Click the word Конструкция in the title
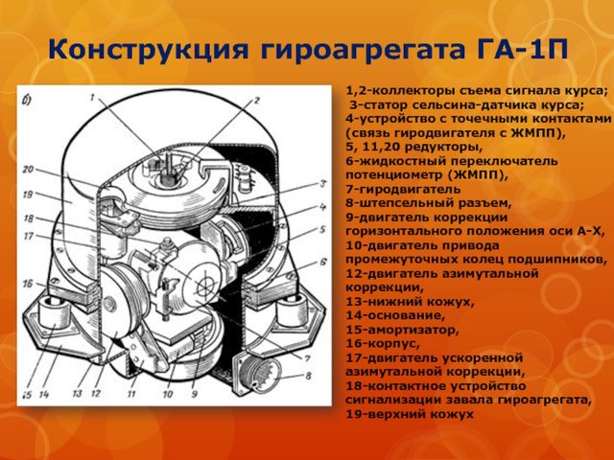tap(149, 50)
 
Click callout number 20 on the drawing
tap(28, 170)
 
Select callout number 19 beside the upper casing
tap(28, 194)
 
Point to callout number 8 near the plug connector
tap(308, 376)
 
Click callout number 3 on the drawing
tap(323, 183)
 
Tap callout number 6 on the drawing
tap(323, 262)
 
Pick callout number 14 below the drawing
tap(44, 394)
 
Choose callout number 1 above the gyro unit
tap(92, 97)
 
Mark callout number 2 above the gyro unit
tap(256, 100)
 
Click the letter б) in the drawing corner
tap(27, 101)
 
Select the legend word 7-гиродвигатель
tap(403, 190)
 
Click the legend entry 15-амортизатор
tap(402, 330)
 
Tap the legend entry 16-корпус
tap(383, 344)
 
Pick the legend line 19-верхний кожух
tap(410, 414)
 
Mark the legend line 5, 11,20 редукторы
tap(413, 147)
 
